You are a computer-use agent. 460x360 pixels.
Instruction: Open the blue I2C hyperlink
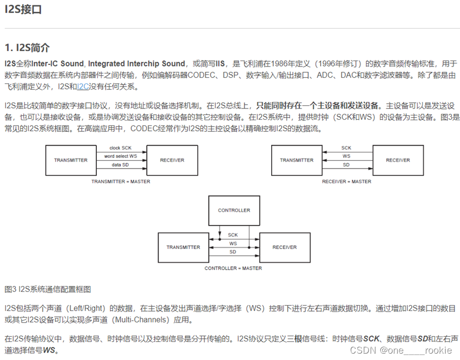point(84,87)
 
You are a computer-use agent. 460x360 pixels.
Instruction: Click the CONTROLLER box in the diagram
point(234,210)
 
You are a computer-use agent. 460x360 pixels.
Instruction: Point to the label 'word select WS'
point(120,156)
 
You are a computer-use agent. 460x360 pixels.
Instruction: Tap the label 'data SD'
point(120,165)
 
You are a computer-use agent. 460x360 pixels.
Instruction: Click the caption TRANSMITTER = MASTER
point(121,181)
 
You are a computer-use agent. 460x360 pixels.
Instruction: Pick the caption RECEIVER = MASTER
point(347,181)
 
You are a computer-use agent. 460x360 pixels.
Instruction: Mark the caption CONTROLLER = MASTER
point(233,269)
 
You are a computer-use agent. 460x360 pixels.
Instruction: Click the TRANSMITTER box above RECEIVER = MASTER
point(296,160)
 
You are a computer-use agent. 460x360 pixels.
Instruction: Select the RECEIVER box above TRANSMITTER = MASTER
point(172,160)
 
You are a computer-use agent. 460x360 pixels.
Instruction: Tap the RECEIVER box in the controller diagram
point(285,247)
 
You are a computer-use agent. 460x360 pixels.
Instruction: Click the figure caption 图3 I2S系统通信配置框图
point(47,289)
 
